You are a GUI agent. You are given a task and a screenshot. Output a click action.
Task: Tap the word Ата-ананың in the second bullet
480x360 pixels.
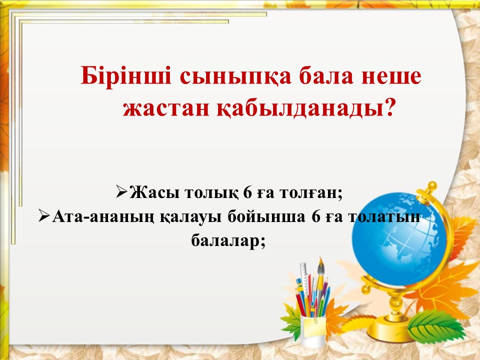pyautogui.click(x=103, y=217)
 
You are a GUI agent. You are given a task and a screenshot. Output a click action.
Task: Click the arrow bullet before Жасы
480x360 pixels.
pyautogui.click(x=122, y=192)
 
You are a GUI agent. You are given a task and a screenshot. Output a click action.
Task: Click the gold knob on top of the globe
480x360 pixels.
pyautogui.click(x=431, y=186)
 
